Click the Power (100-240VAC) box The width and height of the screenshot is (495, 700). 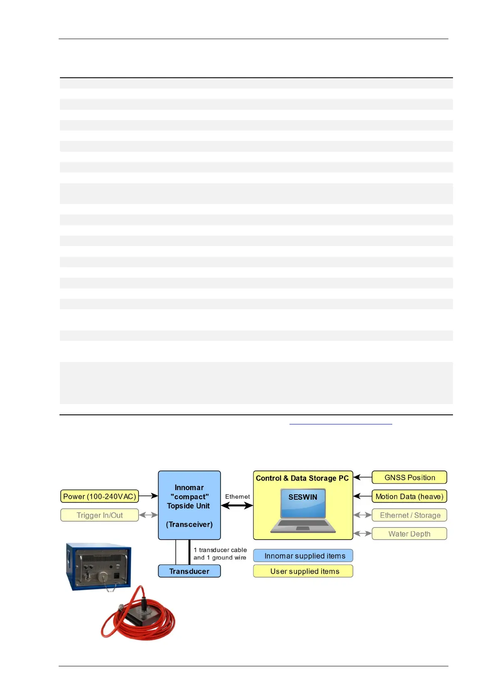pos(99,496)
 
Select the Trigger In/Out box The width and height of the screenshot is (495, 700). pos(99,515)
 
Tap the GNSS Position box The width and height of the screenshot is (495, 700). pos(409,478)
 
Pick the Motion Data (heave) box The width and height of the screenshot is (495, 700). pos(409,496)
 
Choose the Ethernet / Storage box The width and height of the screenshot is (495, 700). pos(409,515)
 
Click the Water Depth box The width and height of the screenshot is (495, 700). pos(409,534)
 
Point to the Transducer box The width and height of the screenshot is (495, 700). pos(189,571)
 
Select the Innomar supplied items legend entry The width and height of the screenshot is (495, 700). pos(303,556)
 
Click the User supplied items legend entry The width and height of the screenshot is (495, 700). pos(303,571)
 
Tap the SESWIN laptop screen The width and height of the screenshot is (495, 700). pos(303,503)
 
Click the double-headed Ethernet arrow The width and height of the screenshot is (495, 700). pos(237,506)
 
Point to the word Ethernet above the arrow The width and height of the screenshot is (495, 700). pos(238,497)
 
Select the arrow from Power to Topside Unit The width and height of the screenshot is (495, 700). pos(148,496)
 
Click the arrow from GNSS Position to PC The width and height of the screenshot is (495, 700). pos(362,478)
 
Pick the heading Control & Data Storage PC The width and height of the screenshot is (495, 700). pos(302,478)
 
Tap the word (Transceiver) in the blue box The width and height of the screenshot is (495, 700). pos(189,525)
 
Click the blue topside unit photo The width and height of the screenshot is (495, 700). pos(99,567)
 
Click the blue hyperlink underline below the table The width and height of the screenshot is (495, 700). pos(341,424)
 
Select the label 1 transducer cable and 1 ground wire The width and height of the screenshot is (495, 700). pos(220,554)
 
